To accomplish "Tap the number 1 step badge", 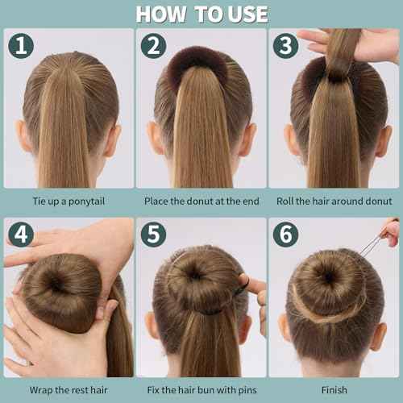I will (19, 45).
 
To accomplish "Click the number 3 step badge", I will (284, 45).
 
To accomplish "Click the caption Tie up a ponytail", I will (68, 201).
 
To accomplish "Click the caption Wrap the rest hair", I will (68, 389).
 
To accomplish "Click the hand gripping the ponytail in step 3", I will (355, 44).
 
